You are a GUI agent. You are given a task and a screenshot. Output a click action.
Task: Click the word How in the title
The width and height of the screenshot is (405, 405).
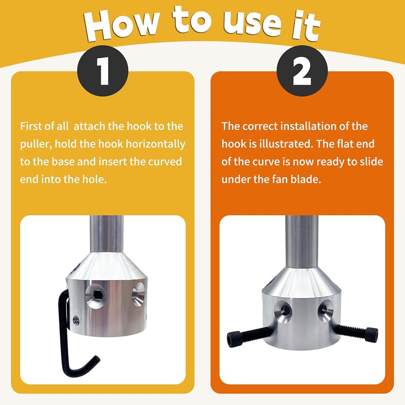click(122, 25)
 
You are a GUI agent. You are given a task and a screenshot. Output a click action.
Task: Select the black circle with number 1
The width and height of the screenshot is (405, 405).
click(103, 71)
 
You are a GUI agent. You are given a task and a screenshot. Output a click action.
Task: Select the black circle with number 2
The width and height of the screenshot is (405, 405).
click(302, 71)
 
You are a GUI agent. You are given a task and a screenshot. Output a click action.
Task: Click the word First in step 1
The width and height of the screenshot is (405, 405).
click(31, 126)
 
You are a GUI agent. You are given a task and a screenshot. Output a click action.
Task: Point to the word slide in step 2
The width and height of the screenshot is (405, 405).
click(371, 162)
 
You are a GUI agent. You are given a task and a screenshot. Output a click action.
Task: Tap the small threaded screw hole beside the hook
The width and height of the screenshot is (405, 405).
click(76, 320)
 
